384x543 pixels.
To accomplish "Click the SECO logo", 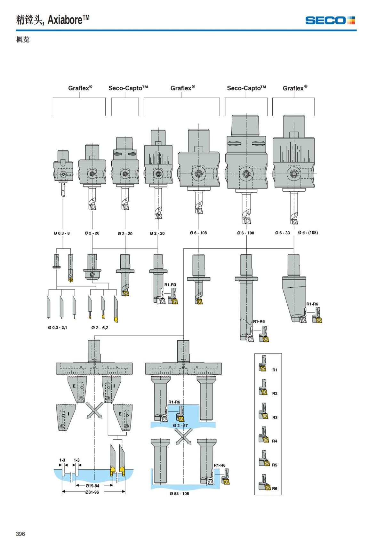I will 330,20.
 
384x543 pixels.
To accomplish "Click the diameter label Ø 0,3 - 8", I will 62,233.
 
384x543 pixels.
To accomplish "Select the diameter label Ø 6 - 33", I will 283,233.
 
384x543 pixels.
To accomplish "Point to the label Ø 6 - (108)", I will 308,233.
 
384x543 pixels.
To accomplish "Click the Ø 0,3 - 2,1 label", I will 58,327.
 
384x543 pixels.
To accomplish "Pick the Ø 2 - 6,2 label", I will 100,327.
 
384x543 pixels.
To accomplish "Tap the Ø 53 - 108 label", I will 179,493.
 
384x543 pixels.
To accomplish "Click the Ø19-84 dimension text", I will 92,486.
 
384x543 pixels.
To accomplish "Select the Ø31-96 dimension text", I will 92,492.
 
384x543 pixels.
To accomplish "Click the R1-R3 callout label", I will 170,285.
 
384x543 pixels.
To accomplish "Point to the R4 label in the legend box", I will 275,441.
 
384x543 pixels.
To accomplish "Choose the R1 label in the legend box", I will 275,370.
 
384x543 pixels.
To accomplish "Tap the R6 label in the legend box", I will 275,488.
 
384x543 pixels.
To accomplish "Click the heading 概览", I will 23,39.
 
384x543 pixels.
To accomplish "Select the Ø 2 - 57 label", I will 180,425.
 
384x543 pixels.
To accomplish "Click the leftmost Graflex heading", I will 80,88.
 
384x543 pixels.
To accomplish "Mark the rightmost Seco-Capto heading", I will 246,88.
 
